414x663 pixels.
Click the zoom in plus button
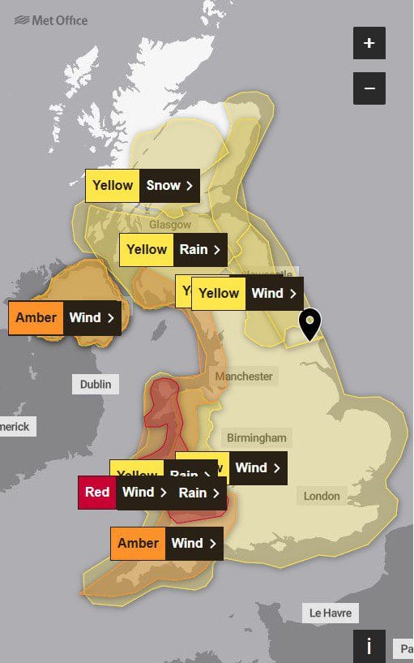pos(369,43)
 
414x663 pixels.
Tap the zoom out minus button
pos(369,88)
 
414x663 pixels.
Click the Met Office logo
pos(51,19)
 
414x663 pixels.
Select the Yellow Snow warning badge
pos(143,185)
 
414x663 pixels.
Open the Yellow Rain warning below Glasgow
pos(173,249)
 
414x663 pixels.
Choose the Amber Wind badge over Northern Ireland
pos(65,317)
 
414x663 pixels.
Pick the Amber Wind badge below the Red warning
pos(166,543)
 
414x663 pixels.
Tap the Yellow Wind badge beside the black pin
pos(247,293)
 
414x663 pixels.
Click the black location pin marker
pos(309,324)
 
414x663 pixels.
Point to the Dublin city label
pos(96,384)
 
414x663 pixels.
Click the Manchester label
pos(244,377)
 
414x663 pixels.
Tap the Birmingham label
pos(256,437)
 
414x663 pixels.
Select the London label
pos(322,496)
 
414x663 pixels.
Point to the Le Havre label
pos(331,613)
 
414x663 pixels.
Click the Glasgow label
pos(170,225)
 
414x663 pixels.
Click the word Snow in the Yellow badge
pos(164,185)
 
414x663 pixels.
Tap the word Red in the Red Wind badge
pos(97,493)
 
